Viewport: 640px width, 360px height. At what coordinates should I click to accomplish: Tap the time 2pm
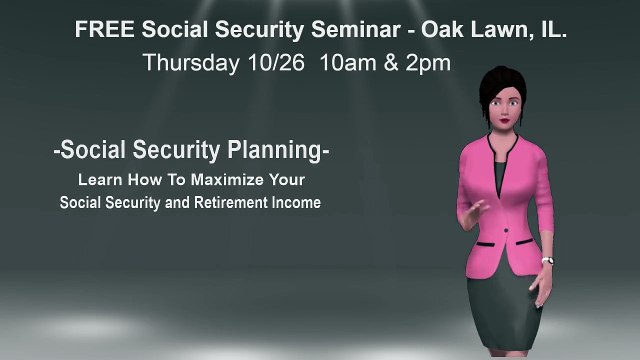pyautogui.click(x=425, y=63)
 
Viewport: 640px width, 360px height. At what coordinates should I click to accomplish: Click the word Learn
pyautogui.click(x=98, y=180)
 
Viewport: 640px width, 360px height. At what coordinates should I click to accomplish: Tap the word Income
pyautogui.click(x=296, y=202)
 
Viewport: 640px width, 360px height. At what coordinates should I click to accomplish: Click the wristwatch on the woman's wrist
pyautogui.click(x=548, y=262)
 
